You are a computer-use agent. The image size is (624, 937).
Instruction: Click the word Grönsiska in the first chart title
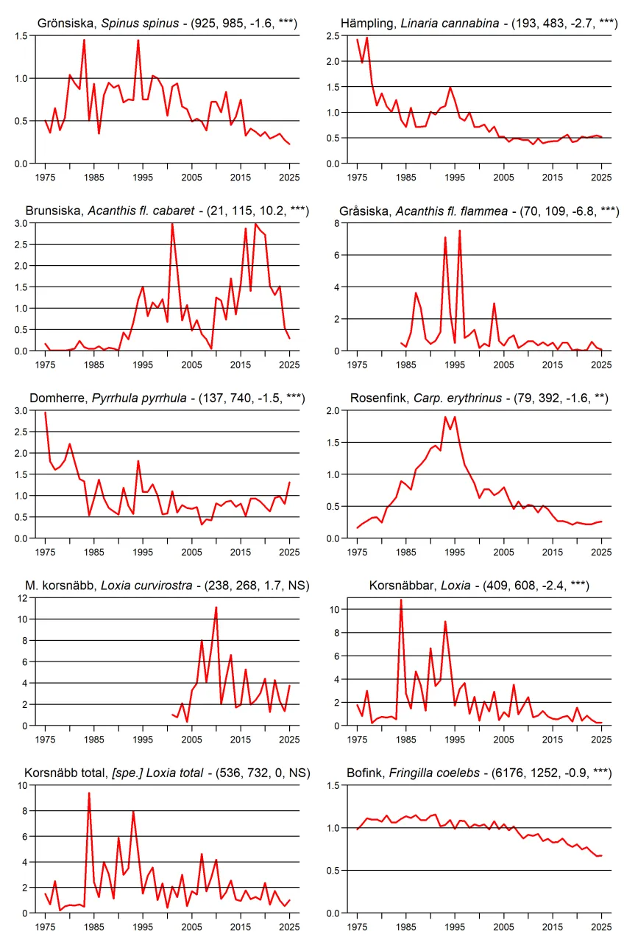(66, 24)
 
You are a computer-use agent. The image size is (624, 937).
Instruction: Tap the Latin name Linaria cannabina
(450, 24)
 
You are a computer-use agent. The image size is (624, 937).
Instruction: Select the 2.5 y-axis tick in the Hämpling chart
(333, 36)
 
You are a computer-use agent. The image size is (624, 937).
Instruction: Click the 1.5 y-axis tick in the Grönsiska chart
(21, 36)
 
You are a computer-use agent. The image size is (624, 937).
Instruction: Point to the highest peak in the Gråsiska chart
(459, 231)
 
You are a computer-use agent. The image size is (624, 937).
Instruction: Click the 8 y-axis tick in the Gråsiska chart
(337, 223)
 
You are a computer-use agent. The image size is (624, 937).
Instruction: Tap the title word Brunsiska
(53, 211)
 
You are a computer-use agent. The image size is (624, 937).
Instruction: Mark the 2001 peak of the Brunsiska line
(172, 224)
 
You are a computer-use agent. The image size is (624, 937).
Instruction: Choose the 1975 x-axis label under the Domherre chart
(45, 552)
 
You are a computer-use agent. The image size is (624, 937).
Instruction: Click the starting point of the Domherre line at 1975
(45, 413)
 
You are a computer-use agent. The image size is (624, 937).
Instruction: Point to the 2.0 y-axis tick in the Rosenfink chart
(333, 411)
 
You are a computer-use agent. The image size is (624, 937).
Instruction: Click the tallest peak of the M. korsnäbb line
(216, 608)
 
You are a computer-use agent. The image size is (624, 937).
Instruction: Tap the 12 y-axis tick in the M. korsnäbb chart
(23, 598)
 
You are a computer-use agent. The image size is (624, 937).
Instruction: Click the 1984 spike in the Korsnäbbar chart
(401, 600)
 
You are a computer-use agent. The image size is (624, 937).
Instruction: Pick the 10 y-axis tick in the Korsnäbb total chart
(23, 785)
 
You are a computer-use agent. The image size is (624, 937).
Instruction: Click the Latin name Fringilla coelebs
(434, 773)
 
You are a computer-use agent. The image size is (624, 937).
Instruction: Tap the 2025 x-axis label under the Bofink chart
(601, 927)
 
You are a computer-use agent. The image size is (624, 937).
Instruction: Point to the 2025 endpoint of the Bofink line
(601, 855)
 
